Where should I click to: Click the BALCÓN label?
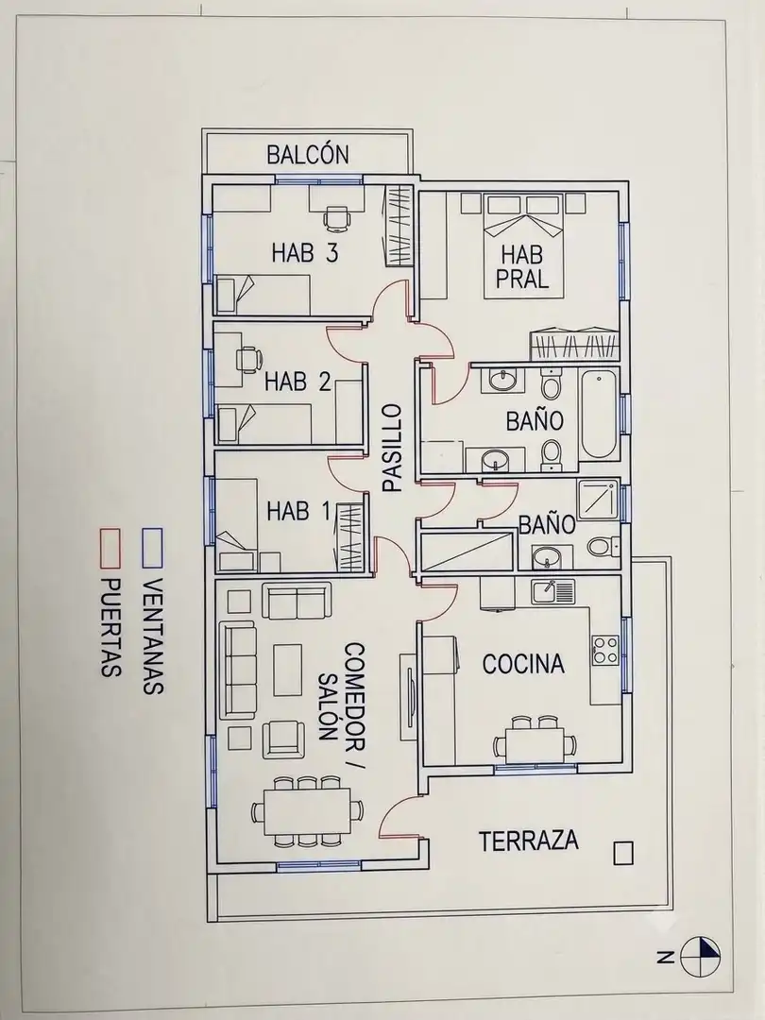[x=308, y=155]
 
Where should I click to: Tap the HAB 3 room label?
[x=305, y=252]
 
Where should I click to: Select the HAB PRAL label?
[x=522, y=266]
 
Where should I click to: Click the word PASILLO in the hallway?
[x=392, y=448]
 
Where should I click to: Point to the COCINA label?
[x=523, y=664]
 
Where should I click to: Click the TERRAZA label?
[x=529, y=840]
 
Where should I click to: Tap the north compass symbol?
[x=700, y=956]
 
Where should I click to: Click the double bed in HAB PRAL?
[x=523, y=246]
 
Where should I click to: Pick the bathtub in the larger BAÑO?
[x=599, y=414]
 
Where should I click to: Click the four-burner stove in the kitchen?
[x=605, y=650]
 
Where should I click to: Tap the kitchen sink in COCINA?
[x=552, y=591]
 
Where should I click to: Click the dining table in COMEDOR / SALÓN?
[x=307, y=811]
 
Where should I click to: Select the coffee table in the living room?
[x=287, y=670]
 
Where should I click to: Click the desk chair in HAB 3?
[x=335, y=217]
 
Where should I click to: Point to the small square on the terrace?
[x=623, y=854]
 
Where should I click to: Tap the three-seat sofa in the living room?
[x=237, y=670]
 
